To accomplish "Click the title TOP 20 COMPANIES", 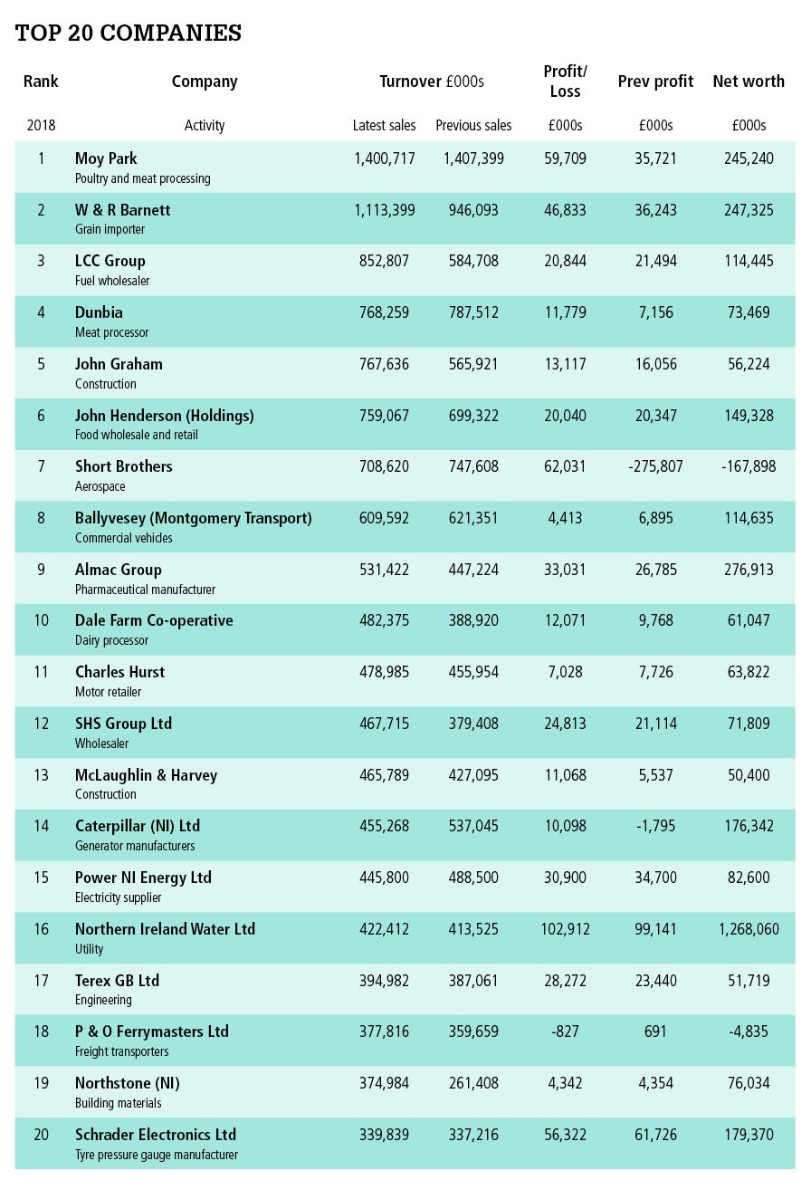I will pos(129,34).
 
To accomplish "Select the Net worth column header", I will pos(749,82).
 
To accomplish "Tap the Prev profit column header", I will pos(655,82).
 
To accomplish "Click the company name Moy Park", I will pos(106,159).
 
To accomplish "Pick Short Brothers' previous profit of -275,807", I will pos(655,467).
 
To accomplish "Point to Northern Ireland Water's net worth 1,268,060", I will pos(749,929).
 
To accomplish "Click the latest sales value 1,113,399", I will pos(384,210).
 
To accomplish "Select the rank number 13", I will pos(41,775).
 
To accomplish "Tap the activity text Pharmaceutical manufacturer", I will pos(145,590).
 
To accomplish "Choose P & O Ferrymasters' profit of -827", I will pos(565,1031).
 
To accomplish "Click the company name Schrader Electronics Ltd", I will pos(156,1135).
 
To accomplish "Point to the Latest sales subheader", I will pos(384,125).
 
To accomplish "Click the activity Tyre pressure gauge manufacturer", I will pos(157,1155).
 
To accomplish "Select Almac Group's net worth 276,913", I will pos(749,570).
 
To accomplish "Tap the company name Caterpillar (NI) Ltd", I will pos(138,826).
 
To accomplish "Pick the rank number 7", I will pos(41,467).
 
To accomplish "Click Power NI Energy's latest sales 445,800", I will pos(384,878).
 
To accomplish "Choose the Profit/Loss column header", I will pos(565,81).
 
